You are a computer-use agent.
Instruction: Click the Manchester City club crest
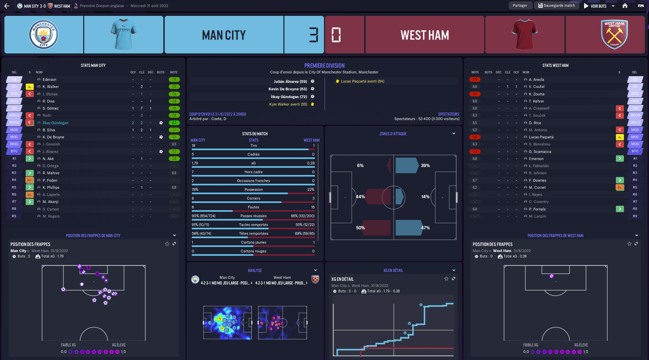tap(44, 35)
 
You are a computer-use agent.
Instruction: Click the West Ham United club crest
tap(614, 35)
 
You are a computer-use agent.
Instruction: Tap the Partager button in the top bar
tap(520, 6)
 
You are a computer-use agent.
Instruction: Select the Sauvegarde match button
tap(557, 6)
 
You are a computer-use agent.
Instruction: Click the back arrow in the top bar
tap(7, 6)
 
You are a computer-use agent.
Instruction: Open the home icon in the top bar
tap(625, 6)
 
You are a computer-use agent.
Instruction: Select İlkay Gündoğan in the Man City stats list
tap(56, 123)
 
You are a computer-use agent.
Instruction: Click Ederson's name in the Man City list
tap(49, 80)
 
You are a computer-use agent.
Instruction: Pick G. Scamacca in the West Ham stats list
tap(540, 152)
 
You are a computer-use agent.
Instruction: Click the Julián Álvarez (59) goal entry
tap(290, 82)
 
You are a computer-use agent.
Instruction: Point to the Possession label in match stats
tap(254, 190)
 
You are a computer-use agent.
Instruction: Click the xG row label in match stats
tap(254, 163)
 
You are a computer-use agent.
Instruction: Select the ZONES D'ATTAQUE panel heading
tap(393, 134)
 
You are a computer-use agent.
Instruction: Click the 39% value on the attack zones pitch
tap(425, 166)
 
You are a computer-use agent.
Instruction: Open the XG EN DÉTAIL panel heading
tap(393, 271)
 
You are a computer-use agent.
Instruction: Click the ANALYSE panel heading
tap(255, 271)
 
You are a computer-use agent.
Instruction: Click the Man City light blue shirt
tap(123, 35)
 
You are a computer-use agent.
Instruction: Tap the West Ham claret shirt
tap(525, 35)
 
